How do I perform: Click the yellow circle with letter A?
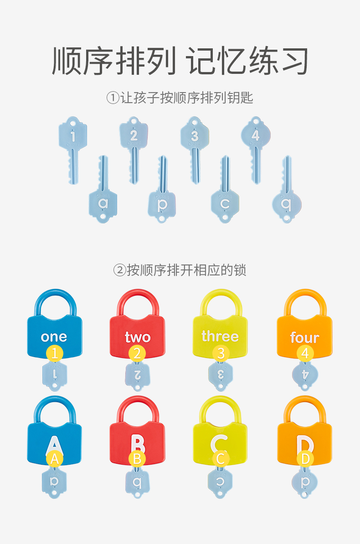click(54, 459)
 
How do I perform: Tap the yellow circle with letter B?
click(137, 459)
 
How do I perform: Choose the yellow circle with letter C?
click(221, 459)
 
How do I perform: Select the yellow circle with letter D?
click(305, 459)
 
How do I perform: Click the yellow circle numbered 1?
click(55, 353)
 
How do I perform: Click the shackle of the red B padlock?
click(137, 403)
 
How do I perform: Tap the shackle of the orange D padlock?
click(305, 403)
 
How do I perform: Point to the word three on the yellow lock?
click(220, 337)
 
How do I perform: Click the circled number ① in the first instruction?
click(113, 98)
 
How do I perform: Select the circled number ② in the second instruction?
click(119, 270)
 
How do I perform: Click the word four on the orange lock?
click(304, 338)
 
